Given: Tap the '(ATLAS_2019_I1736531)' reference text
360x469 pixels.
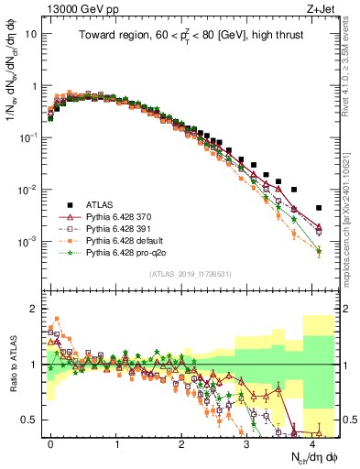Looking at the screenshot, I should (x=190, y=274).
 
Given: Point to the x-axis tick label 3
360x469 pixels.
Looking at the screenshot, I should (x=246, y=443).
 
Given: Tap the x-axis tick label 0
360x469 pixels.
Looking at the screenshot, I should (x=50, y=443).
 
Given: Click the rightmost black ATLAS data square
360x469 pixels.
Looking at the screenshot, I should (x=318, y=208).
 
